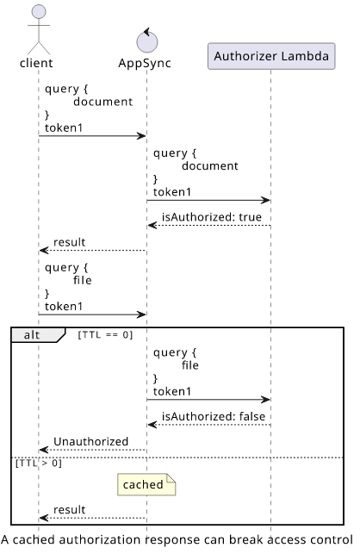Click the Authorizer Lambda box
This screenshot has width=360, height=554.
click(x=271, y=56)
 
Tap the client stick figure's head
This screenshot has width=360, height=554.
click(x=39, y=12)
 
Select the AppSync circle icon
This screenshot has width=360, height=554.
click(x=147, y=40)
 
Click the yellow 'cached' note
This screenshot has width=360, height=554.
click(x=146, y=484)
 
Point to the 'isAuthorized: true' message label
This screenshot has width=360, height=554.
click(x=212, y=216)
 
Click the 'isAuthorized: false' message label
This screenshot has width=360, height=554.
click(x=214, y=416)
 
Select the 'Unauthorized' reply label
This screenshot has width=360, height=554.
click(x=90, y=441)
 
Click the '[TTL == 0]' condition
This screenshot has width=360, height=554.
click(x=105, y=334)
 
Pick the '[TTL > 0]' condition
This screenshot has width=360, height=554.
click(x=39, y=463)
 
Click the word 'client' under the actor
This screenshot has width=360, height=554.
click(x=36, y=63)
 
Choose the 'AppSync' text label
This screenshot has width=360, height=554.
click(x=145, y=63)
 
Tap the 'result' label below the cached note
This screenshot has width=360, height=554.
click(x=69, y=509)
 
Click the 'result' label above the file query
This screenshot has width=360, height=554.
click(x=69, y=242)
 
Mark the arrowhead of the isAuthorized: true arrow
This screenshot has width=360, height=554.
click(x=152, y=226)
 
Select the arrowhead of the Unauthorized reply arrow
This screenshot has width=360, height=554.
click(x=43, y=450)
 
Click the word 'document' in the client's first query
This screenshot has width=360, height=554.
click(x=103, y=102)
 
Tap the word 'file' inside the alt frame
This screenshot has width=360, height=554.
click(x=190, y=365)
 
